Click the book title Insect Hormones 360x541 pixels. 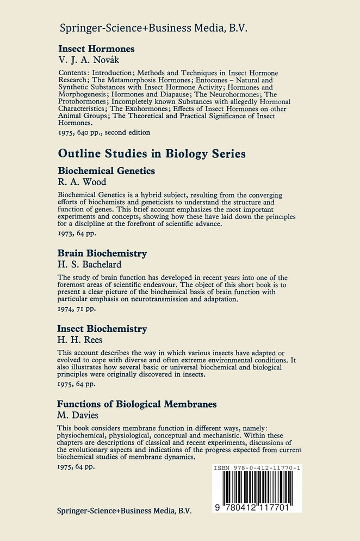click(x=96, y=48)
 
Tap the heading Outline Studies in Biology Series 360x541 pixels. click(x=152, y=154)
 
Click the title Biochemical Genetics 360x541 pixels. click(x=106, y=171)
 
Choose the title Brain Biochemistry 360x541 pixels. click(x=102, y=254)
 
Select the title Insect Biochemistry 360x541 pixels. click(x=102, y=329)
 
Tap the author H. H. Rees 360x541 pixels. click(x=80, y=340)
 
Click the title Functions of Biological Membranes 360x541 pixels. click(x=137, y=404)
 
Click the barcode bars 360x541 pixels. click(x=257, y=489)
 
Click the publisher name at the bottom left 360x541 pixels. click(x=125, y=510)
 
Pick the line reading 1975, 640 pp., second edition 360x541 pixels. click(x=103, y=132)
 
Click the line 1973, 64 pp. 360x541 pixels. click(x=76, y=233)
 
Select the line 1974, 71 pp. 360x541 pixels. click(x=76, y=308)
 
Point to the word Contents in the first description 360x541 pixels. click(x=72, y=72)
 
